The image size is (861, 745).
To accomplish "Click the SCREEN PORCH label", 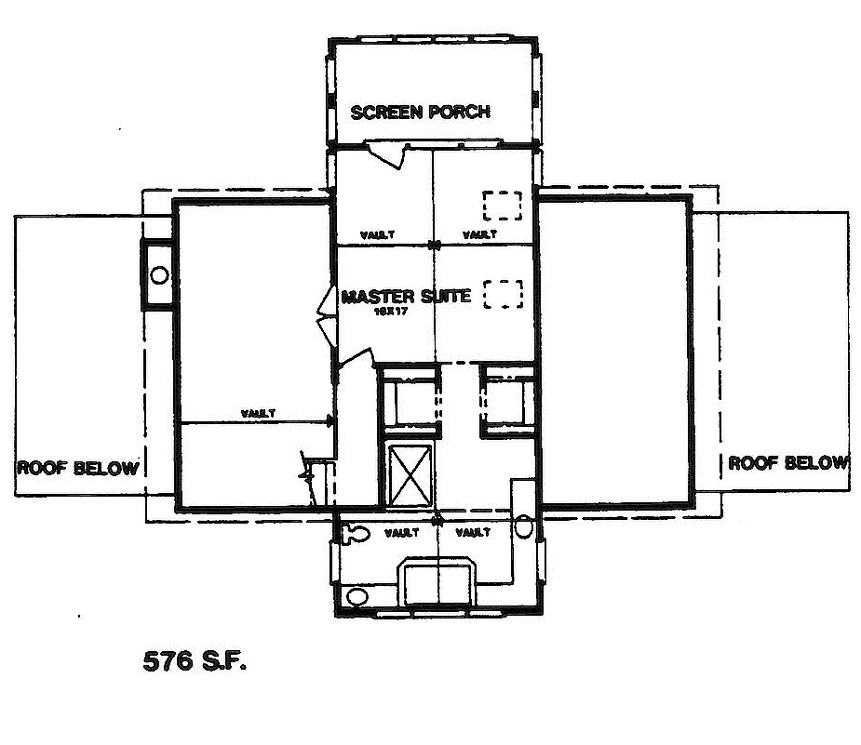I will tap(420, 113).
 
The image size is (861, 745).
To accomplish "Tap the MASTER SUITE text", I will tap(405, 297).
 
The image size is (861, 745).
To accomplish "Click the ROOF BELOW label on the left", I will tap(77, 467).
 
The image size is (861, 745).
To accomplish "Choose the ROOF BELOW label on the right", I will tap(787, 462).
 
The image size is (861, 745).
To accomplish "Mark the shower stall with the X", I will tap(410, 472).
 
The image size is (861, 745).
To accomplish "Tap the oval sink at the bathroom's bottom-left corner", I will tap(356, 596).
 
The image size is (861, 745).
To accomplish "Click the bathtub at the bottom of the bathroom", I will tap(437, 583).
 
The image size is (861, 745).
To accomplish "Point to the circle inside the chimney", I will tap(159, 275).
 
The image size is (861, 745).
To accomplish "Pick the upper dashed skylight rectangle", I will tap(502, 205).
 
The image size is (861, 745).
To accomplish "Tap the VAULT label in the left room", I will tap(257, 414).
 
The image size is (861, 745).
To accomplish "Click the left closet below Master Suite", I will tap(410, 402).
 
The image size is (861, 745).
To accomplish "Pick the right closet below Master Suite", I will tap(508, 402).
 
